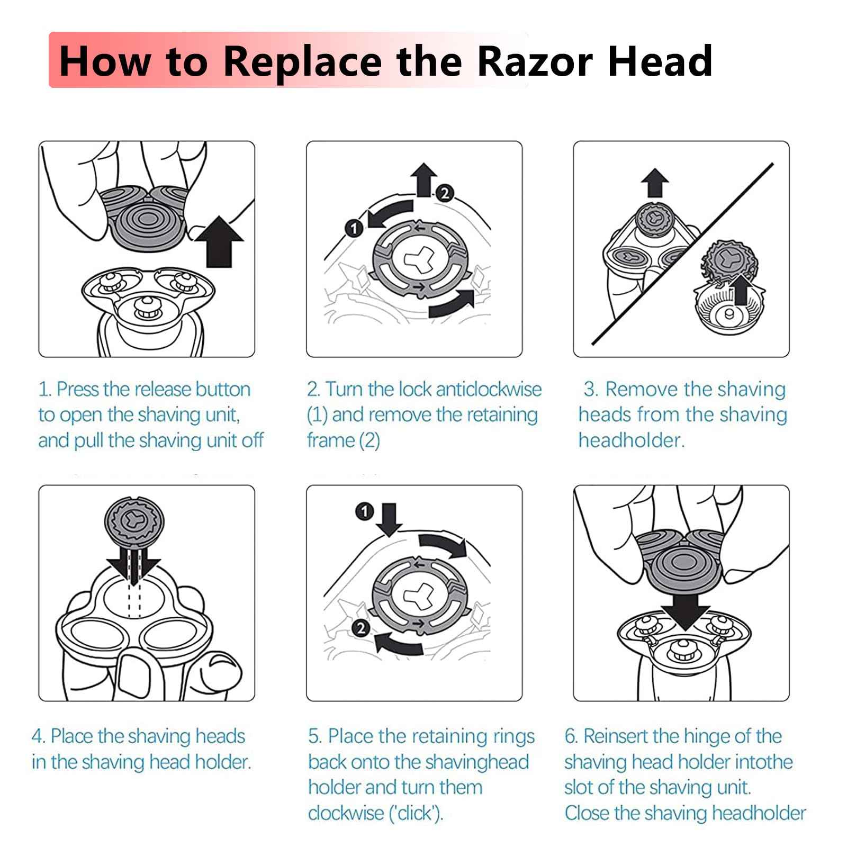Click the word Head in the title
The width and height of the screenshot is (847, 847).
pyautogui.click(x=660, y=61)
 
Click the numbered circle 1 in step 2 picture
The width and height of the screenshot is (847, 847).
pyautogui.click(x=354, y=228)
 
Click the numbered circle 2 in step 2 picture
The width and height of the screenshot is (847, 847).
pyautogui.click(x=445, y=193)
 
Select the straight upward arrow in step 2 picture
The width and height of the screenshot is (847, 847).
pyautogui.click(x=424, y=179)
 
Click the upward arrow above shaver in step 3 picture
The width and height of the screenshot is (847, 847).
pyautogui.click(x=655, y=183)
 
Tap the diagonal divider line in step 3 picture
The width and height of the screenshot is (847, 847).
pyautogui.click(x=683, y=254)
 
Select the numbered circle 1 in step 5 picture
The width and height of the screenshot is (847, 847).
pyautogui.click(x=365, y=512)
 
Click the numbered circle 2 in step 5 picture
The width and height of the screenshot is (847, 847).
pyautogui.click(x=361, y=628)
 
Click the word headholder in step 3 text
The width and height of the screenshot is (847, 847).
pyautogui.click(x=631, y=440)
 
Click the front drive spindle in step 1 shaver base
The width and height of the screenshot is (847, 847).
pyautogui.click(x=144, y=307)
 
